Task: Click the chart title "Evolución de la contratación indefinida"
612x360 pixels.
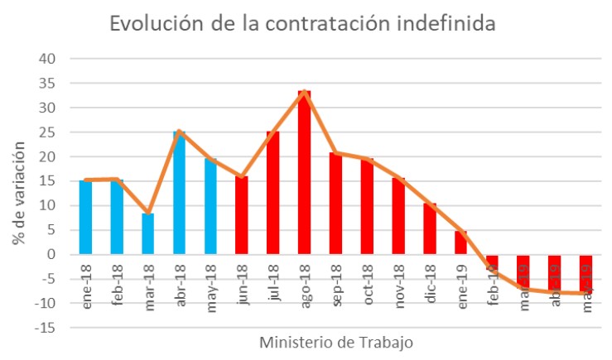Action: (303, 24)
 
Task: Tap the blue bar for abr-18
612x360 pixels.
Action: (179, 193)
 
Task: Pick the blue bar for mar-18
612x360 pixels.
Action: (147, 233)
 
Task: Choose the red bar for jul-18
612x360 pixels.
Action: (272, 193)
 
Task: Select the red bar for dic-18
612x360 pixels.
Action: (429, 228)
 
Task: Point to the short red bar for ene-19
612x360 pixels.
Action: (460, 242)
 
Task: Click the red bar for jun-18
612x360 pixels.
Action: (241, 215)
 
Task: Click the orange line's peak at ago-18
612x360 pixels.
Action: (304, 92)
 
